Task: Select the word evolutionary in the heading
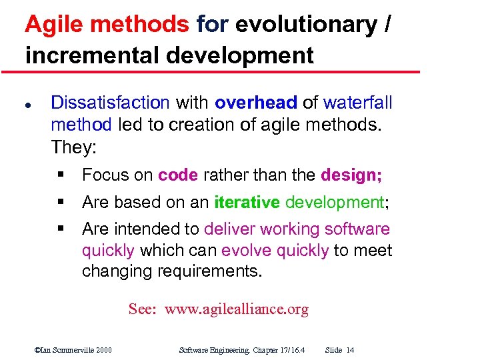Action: tap(305, 25)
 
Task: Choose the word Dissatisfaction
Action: tap(111, 103)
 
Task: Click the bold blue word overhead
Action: tap(255, 103)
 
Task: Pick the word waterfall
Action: tap(357, 103)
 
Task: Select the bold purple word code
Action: tap(178, 175)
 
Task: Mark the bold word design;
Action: tap(351, 175)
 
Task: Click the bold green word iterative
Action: tap(246, 202)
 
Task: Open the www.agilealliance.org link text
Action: tap(237, 309)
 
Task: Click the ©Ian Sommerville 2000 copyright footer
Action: tap(73, 350)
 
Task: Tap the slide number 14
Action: tap(350, 350)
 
